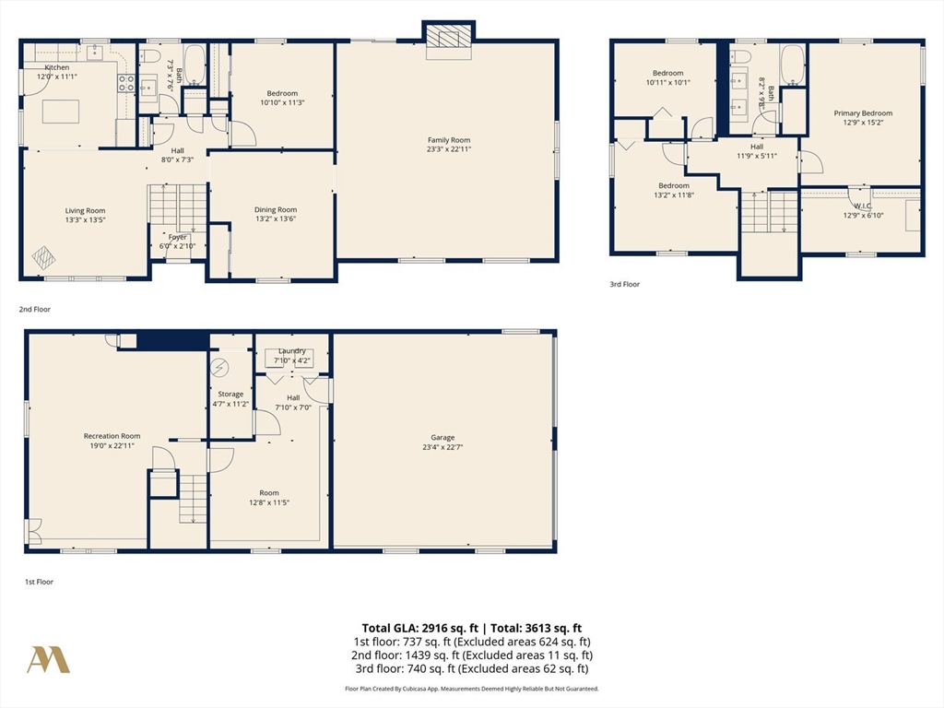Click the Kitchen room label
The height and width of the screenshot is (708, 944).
tap(56, 67)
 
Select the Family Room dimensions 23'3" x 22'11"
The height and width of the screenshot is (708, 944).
tap(448, 149)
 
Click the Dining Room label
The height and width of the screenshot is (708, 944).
tap(276, 209)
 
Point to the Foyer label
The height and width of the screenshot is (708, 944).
tap(177, 237)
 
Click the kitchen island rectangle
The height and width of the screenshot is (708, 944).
tap(61, 111)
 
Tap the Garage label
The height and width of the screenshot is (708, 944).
tap(442, 437)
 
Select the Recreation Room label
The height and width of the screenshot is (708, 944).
tap(112, 436)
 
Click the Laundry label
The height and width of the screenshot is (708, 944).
tap(292, 351)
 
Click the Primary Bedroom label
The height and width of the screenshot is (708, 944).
tap(863, 113)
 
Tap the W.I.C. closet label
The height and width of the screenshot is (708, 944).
tap(862, 206)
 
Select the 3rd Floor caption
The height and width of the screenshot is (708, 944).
tap(624, 285)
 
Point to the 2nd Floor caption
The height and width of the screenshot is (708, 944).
tap(35, 310)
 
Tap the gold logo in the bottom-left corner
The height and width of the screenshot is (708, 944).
tap(48, 659)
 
